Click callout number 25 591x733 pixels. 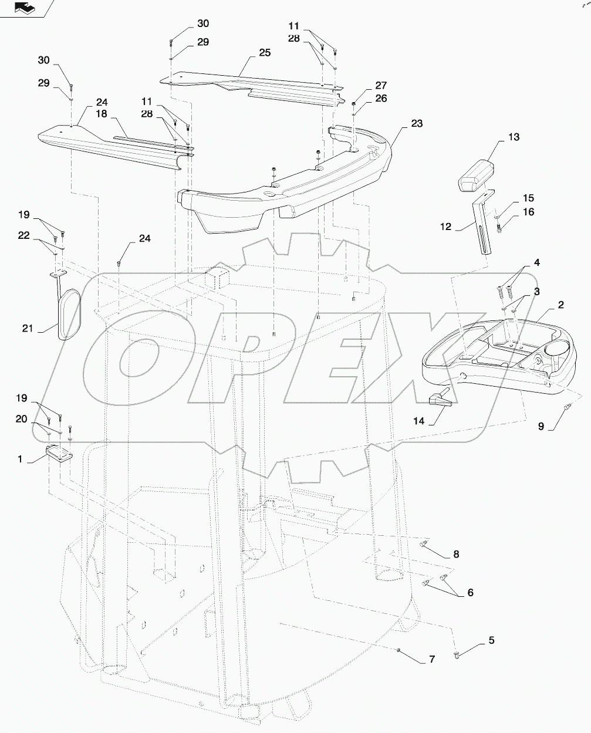click(264, 53)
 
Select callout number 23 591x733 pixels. click(417, 124)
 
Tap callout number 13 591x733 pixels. click(514, 137)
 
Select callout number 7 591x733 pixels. click(431, 660)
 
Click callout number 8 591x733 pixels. click(472, 554)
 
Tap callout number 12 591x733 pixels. click(445, 227)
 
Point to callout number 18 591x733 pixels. click(102, 113)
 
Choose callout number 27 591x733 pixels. click(381, 86)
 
